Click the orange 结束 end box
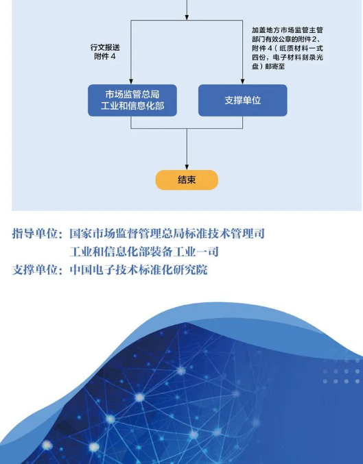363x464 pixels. point(187,180)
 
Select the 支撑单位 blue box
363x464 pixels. point(242,100)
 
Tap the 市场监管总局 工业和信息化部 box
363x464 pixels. point(132,100)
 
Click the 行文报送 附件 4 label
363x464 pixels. point(105,52)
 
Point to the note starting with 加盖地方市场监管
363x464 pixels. point(287,48)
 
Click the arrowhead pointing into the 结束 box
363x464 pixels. point(187,167)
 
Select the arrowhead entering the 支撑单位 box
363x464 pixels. point(242,82)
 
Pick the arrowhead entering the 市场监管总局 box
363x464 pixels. point(131,82)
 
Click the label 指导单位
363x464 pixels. point(35,234)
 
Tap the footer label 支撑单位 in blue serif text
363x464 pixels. point(35,270)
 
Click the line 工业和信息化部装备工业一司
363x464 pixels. point(144,252)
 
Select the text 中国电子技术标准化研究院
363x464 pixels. point(139,270)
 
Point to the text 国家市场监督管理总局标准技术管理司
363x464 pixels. point(167,234)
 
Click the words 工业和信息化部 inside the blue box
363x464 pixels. point(132,106)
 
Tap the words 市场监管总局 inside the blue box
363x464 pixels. point(132,95)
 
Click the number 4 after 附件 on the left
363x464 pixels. point(113,56)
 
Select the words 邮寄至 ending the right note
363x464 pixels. point(275,66)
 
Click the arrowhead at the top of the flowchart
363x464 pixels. point(187,17)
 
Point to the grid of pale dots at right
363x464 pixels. point(341,371)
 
